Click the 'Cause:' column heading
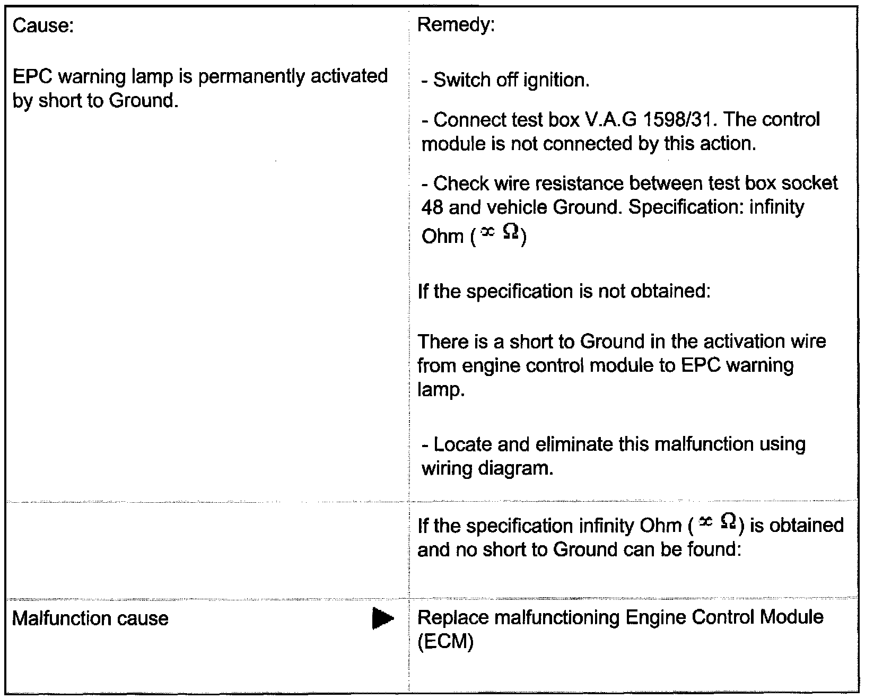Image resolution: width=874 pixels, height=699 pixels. pos(42,26)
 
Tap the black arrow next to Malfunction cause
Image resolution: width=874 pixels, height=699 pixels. pos(383,618)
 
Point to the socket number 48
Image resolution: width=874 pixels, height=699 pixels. pos(432,207)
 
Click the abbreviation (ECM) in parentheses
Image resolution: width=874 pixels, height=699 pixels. pos(445,642)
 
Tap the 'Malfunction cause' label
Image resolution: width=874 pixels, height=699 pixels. pos(90,618)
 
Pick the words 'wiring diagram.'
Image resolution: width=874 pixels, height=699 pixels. pos(487,468)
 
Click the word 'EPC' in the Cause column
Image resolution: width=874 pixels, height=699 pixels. pos(32,77)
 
